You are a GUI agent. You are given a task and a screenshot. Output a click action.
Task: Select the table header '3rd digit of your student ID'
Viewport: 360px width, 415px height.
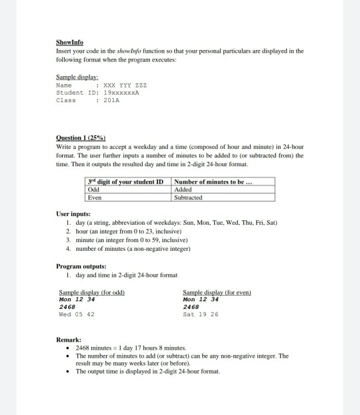click(125, 182)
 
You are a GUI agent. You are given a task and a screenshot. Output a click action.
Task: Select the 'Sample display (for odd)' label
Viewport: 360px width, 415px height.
click(92, 292)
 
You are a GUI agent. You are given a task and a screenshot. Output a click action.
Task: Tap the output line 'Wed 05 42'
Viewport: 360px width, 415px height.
click(77, 314)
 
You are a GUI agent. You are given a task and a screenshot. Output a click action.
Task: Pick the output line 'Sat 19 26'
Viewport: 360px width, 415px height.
click(200, 314)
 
